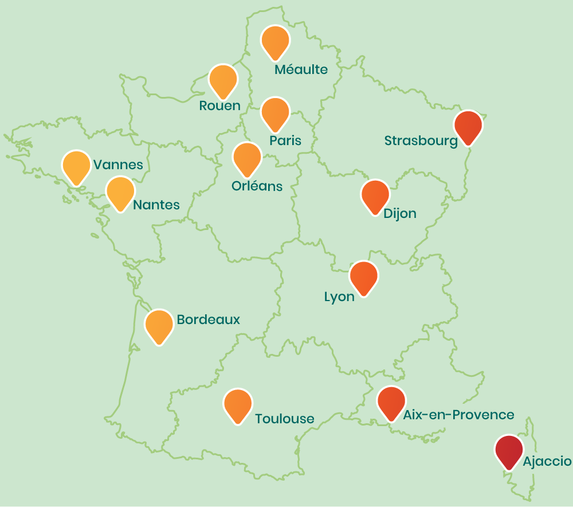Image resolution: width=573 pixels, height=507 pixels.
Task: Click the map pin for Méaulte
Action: pyautogui.click(x=276, y=41)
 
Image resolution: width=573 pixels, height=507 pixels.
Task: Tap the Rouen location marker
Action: pyautogui.click(x=223, y=80)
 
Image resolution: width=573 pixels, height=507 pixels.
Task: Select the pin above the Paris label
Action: pyautogui.click(x=276, y=113)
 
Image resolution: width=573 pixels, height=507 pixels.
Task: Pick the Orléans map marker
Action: pyautogui.click(x=247, y=158)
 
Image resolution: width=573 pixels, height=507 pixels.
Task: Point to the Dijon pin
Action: pyautogui.click(x=375, y=196)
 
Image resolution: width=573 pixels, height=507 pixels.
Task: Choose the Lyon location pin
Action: pyautogui.click(x=364, y=277)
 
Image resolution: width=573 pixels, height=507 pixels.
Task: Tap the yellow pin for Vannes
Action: pyautogui.click(x=76, y=166)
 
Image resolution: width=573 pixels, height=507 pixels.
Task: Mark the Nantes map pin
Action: pyautogui.click(x=120, y=193)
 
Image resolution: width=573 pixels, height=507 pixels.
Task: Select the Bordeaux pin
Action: pyautogui.click(x=159, y=325)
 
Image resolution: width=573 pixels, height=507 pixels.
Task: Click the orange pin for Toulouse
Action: pyautogui.click(x=238, y=404)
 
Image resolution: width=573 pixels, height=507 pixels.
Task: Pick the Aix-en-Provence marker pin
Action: pyautogui.click(x=391, y=402)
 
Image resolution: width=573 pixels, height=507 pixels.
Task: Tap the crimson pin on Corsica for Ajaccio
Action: pyautogui.click(x=509, y=451)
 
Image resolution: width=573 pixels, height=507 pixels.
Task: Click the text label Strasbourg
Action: pyautogui.click(x=421, y=141)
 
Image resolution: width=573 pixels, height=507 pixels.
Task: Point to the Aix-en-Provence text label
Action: pyautogui.click(x=458, y=415)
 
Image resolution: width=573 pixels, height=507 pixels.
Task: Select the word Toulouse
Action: pyautogui.click(x=285, y=419)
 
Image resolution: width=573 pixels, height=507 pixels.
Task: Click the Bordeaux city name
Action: pyautogui.click(x=209, y=319)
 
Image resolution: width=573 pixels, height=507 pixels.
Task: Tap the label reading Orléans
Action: pyautogui.click(x=257, y=186)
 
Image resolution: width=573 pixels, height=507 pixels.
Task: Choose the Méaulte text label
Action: pyautogui.click(x=301, y=70)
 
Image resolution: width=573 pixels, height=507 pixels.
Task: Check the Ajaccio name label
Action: pyautogui.click(x=547, y=461)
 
